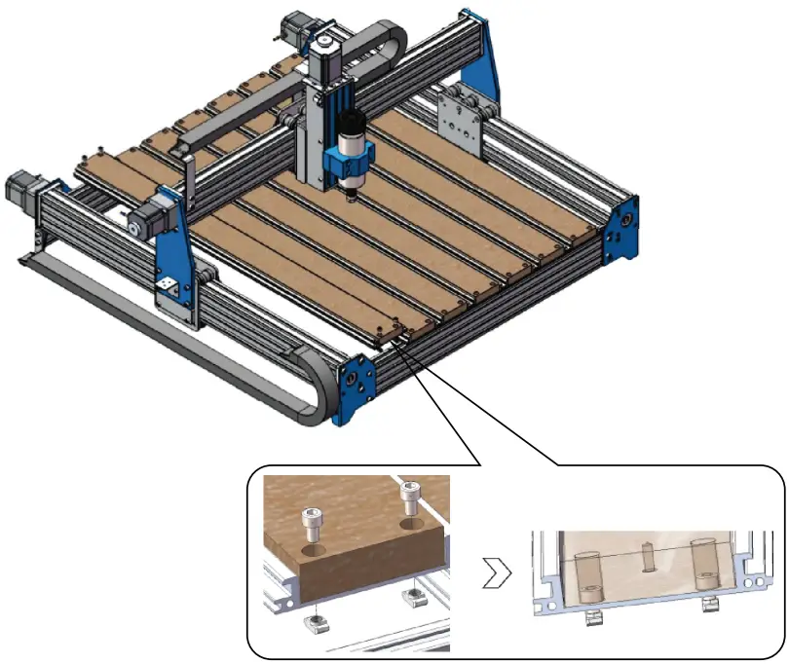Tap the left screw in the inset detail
313,524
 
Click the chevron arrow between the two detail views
495,575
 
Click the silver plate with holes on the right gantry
459,123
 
